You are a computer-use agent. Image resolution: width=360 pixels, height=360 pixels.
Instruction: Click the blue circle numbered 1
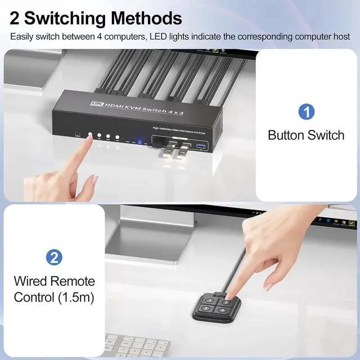click(x=306, y=111)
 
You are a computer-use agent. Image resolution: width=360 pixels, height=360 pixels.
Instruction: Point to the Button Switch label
click(x=306, y=135)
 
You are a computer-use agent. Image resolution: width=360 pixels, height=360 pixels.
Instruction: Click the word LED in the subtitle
click(x=165, y=37)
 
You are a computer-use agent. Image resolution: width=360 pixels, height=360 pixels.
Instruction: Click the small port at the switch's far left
click(x=76, y=134)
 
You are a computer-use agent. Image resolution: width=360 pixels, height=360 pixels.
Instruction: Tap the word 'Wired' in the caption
click(x=32, y=281)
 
